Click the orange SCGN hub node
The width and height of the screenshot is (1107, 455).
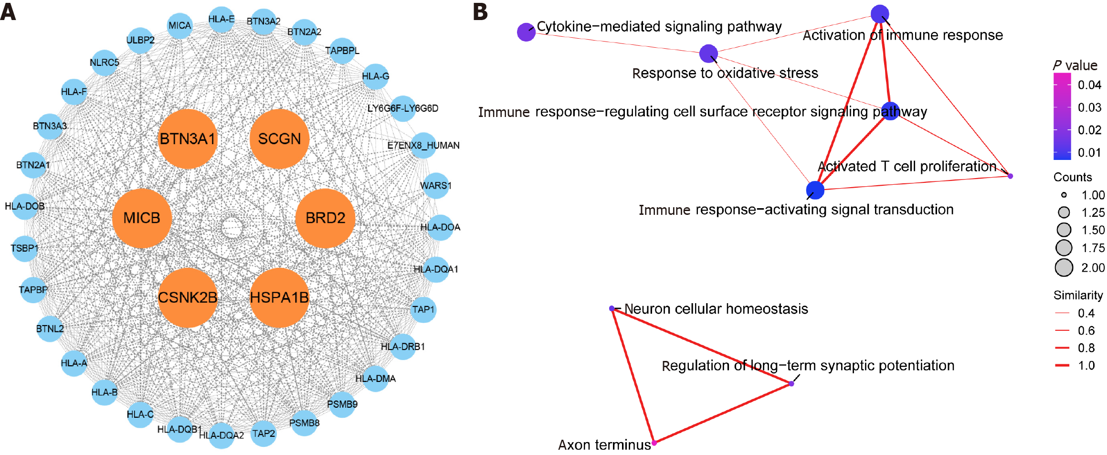[x=279, y=138]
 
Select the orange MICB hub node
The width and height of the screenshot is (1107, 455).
[x=142, y=218]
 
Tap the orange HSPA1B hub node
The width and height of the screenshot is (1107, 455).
[x=279, y=297]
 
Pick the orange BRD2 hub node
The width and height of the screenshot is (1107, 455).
[x=325, y=218]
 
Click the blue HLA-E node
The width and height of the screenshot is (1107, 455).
[x=221, y=20]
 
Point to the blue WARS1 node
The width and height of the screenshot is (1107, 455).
[x=435, y=185]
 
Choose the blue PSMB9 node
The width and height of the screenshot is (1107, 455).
[x=342, y=404]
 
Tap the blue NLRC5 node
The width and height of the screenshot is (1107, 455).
[x=105, y=63]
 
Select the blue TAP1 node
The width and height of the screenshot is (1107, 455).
[x=423, y=309]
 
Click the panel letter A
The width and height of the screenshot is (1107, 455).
[x=8, y=11]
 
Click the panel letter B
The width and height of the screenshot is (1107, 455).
[x=481, y=11]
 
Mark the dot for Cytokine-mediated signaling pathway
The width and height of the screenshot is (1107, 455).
[x=526, y=32]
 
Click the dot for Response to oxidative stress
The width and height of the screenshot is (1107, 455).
[x=708, y=53]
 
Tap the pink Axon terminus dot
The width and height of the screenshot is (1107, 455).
[x=654, y=443]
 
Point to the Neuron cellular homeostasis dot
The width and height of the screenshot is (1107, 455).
[x=612, y=308]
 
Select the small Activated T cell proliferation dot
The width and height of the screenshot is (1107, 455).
[x=1010, y=176]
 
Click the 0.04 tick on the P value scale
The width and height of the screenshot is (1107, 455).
[x=1063, y=85]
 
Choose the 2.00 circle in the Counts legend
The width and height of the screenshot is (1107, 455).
[x=1064, y=268]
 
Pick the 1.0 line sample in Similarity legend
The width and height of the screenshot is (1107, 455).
[x=1062, y=365]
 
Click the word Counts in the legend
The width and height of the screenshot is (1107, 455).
[x=1073, y=177]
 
